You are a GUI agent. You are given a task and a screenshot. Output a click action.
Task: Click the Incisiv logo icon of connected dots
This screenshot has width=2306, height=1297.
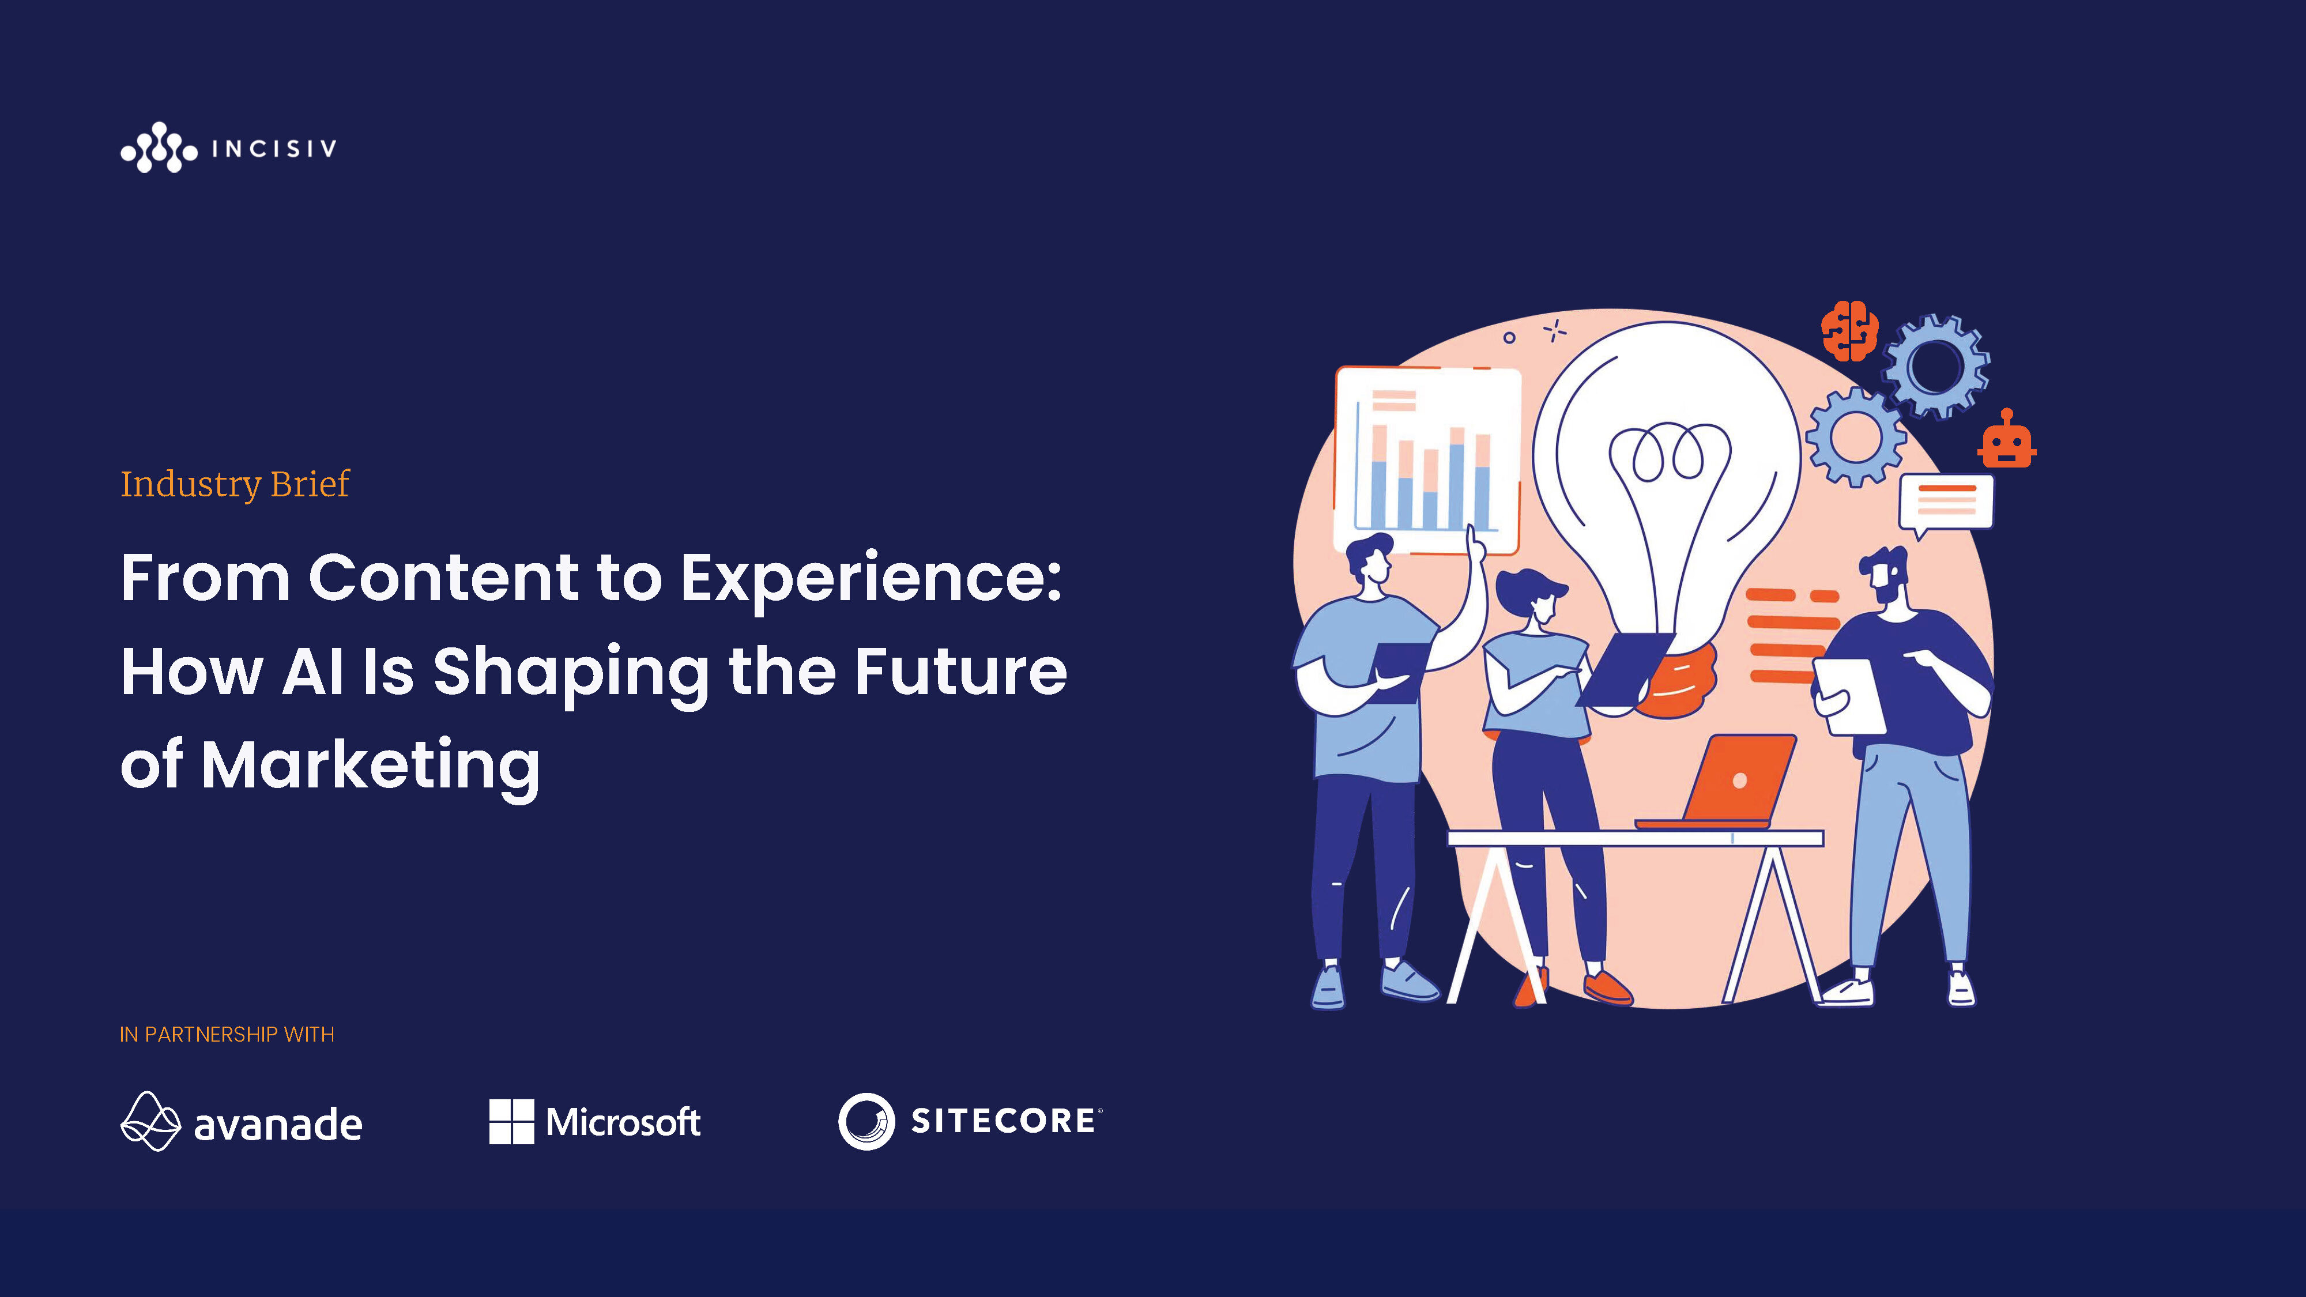point(159,148)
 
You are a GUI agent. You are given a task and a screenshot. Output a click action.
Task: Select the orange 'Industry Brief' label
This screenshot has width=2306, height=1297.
point(235,484)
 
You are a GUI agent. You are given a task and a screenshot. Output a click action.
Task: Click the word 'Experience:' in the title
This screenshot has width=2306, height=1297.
point(871,580)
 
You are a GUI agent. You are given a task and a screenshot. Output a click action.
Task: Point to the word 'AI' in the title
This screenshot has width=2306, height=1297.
point(312,672)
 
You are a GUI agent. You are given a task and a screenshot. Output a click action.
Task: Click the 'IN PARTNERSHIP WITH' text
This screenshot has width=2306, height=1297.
point(227,1035)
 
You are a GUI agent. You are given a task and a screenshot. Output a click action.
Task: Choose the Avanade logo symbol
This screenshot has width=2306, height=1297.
point(150,1122)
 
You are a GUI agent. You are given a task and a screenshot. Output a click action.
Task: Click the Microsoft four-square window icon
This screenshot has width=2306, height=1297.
point(511,1122)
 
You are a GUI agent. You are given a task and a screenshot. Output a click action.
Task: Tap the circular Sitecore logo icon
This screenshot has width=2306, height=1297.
point(866,1122)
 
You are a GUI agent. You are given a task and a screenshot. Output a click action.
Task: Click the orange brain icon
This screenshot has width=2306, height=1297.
point(1849,331)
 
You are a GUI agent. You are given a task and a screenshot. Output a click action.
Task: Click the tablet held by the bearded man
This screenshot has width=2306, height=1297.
point(1849,696)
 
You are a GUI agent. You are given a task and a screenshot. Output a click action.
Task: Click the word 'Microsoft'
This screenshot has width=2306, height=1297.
point(623,1122)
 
